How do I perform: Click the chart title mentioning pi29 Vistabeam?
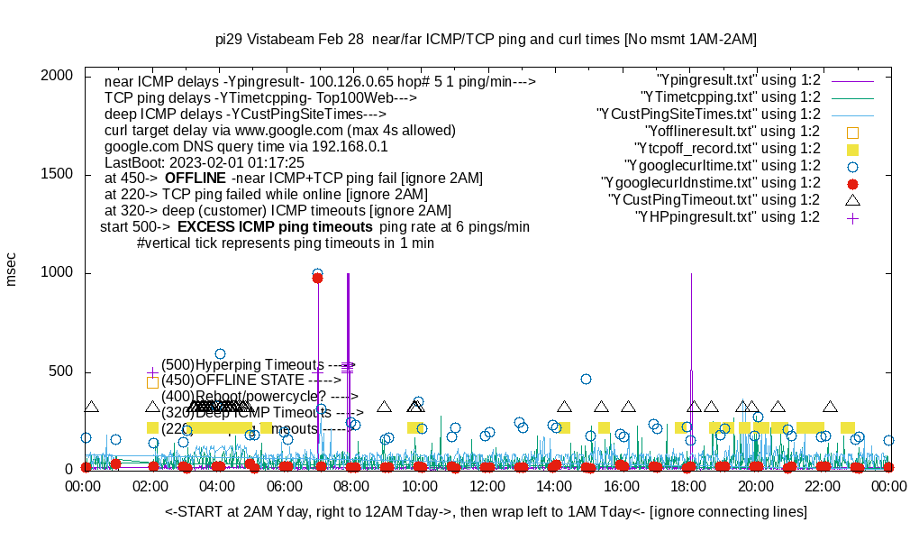(486, 40)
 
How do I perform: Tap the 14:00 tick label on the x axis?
(553, 487)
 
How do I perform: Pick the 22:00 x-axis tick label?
(822, 487)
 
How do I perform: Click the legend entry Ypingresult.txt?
(738, 80)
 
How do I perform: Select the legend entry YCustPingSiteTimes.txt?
(708, 115)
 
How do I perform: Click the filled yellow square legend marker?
(852, 149)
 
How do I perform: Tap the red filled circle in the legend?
(852, 183)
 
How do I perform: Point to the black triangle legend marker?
(852, 200)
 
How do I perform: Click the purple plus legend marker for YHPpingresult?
(852, 217)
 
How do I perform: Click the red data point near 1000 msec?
(317, 279)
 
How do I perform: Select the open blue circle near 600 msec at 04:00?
(220, 354)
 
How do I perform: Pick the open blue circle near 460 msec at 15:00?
(586, 380)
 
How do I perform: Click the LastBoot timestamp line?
(205, 162)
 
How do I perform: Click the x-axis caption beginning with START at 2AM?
(486, 512)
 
